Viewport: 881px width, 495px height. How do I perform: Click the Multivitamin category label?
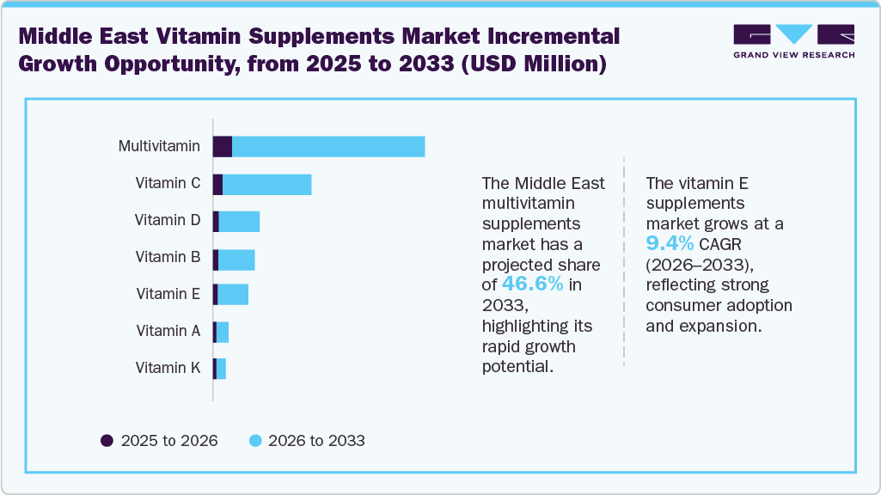point(159,146)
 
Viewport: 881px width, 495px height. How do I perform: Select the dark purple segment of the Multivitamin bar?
point(223,147)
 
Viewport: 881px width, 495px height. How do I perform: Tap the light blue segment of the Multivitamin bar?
point(328,147)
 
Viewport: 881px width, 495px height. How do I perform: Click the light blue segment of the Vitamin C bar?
point(266,184)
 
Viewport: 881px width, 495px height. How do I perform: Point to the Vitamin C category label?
point(168,183)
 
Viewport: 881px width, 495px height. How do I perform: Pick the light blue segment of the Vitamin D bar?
point(239,221)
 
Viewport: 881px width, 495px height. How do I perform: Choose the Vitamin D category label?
point(168,220)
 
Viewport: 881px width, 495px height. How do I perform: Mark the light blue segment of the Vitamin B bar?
point(236,258)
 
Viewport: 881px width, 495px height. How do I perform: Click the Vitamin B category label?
point(168,257)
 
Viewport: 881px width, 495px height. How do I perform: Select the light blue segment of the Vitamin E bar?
point(233,295)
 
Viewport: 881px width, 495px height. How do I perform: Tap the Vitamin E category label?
point(168,294)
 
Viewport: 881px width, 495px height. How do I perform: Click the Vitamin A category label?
point(168,331)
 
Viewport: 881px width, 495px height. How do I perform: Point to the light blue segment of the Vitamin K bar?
point(221,369)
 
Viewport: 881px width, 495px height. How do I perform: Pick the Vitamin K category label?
point(168,368)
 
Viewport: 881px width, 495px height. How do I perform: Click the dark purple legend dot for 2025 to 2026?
point(107,441)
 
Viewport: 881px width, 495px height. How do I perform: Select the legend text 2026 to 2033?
point(316,441)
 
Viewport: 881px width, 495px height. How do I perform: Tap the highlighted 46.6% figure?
point(534,284)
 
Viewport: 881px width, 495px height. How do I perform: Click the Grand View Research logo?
point(793,41)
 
